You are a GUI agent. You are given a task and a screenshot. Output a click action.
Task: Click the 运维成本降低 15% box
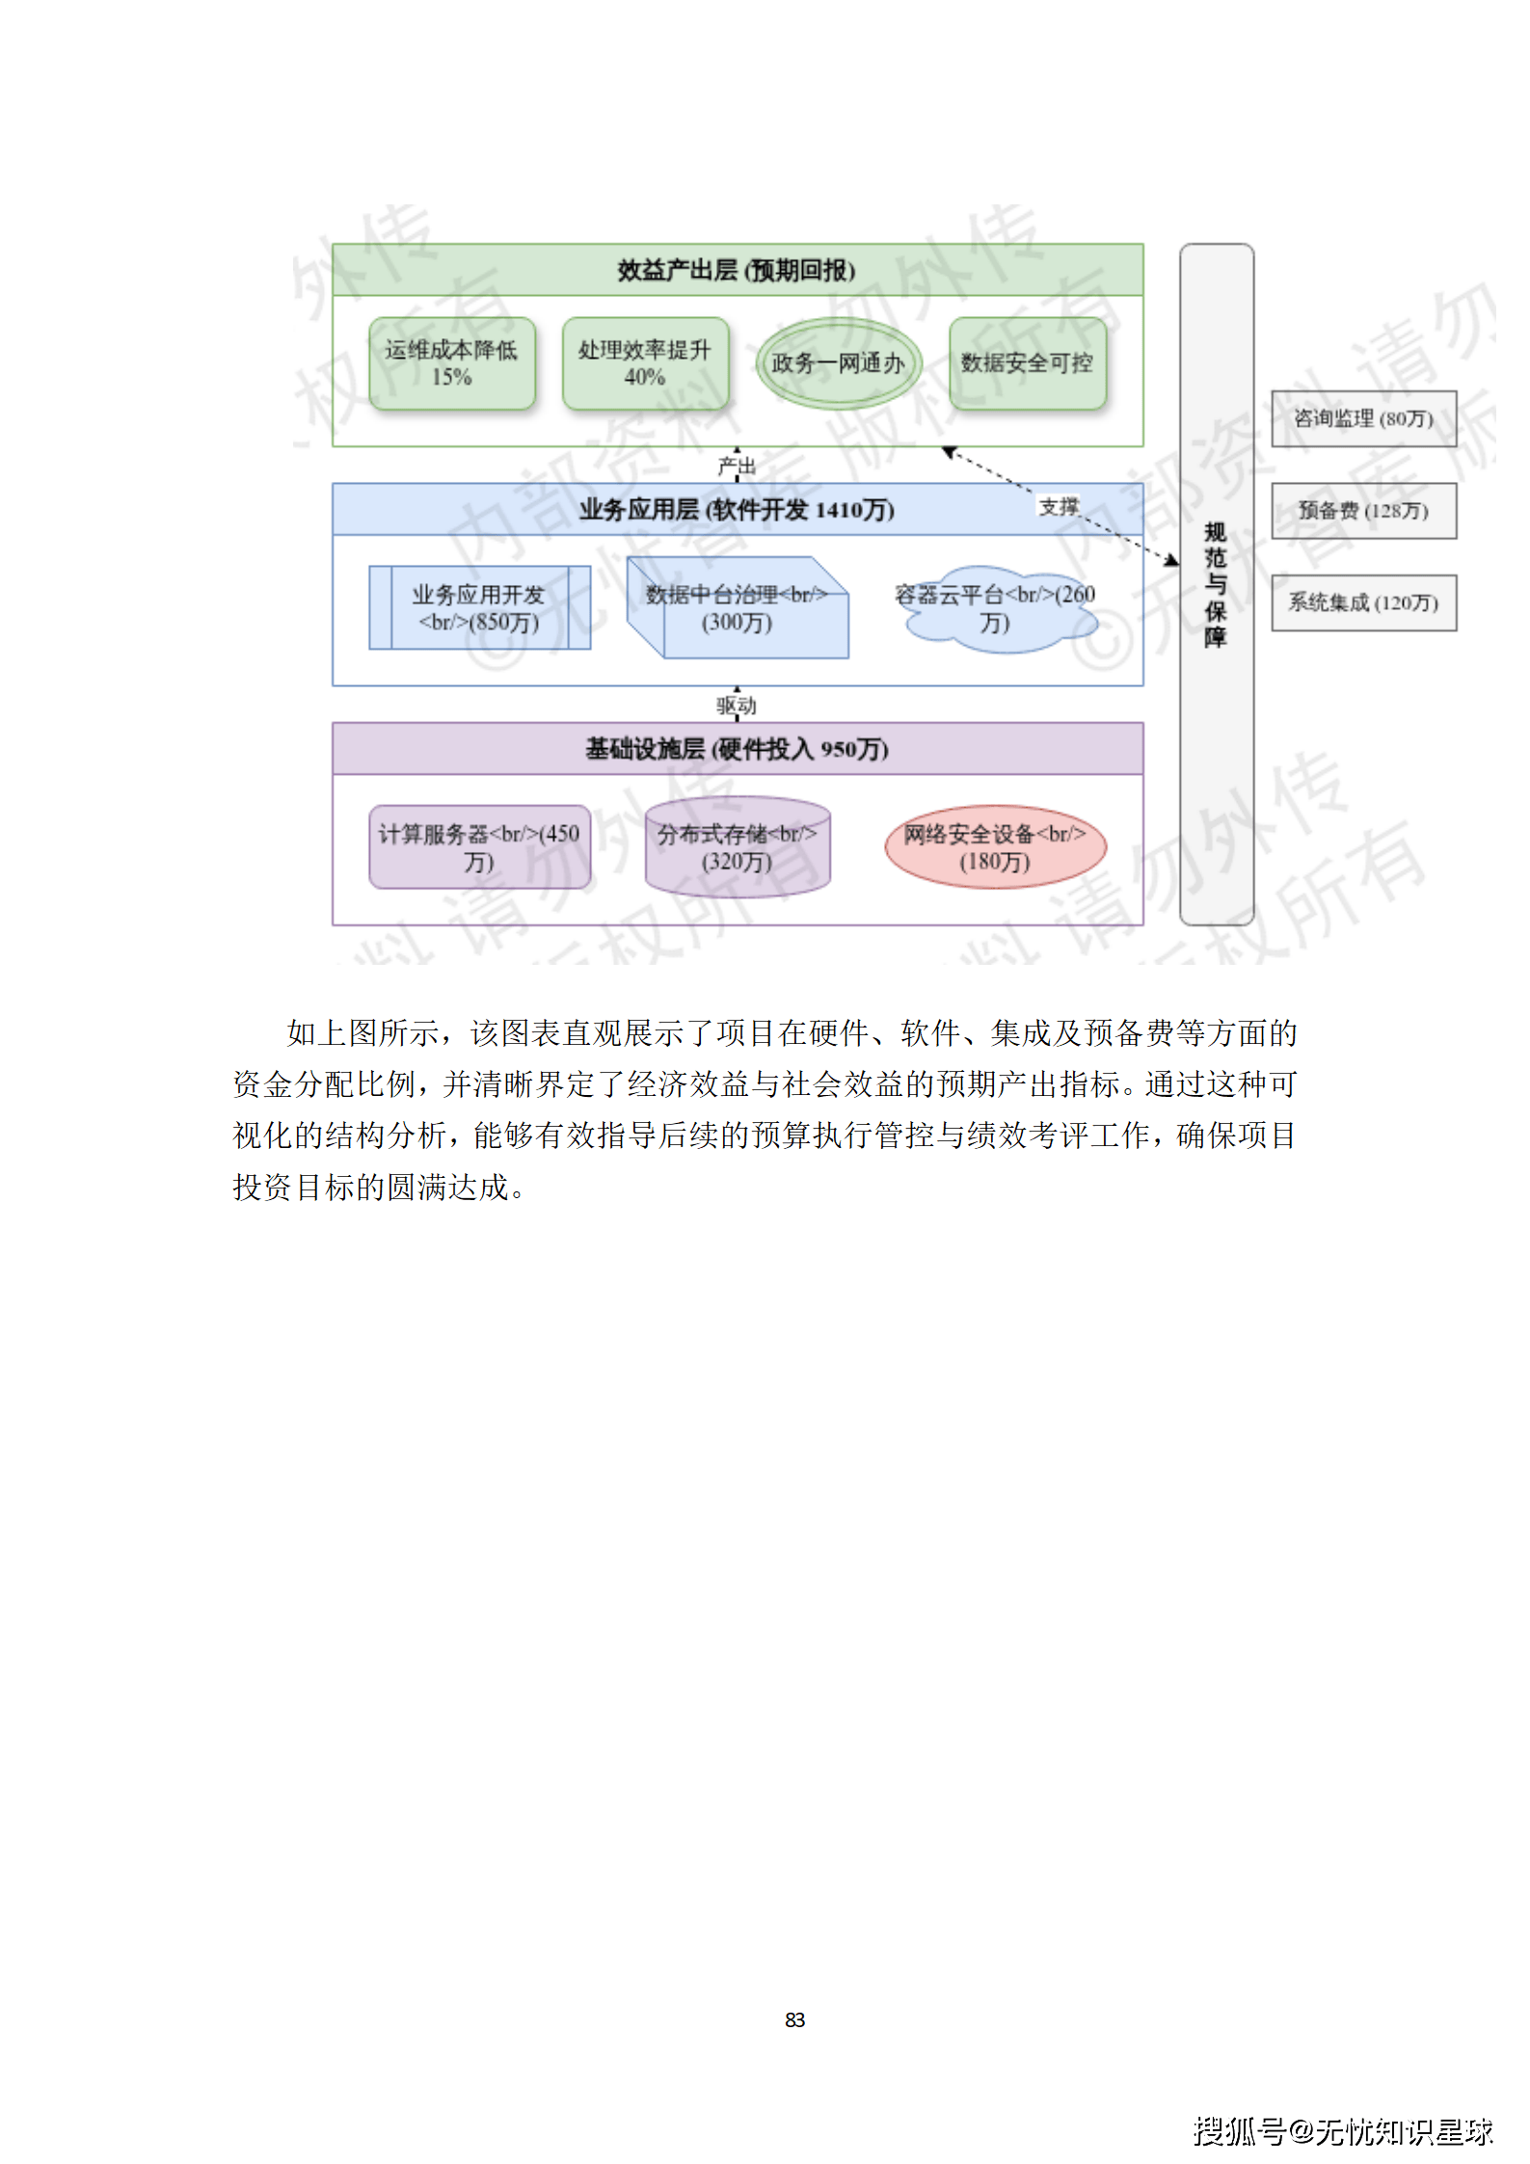point(451,363)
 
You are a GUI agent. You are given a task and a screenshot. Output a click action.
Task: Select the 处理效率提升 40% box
point(645,363)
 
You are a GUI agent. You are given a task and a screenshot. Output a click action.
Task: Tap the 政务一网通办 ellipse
point(838,363)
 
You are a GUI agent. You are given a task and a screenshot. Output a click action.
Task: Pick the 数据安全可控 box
point(1027,363)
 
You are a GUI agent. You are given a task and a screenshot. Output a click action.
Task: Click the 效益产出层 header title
point(737,270)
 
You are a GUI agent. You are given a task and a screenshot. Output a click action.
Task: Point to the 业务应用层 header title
point(737,509)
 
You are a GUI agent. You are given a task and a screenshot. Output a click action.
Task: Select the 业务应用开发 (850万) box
point(479,608)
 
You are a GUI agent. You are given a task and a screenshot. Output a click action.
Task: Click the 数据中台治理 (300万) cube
point(737,608)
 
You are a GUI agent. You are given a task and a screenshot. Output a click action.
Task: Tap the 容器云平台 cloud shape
point(995,608)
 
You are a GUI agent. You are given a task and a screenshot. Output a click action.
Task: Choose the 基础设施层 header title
point(737,749)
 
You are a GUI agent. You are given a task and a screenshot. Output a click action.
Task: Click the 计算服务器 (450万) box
point(479,847)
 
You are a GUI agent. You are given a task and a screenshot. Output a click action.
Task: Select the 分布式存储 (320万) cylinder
point(737,847)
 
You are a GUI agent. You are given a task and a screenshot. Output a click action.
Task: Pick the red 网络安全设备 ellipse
point(995,847)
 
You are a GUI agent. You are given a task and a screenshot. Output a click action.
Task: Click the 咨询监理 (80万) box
point(1363,418)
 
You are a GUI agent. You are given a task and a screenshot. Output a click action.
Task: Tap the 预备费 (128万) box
point(1363,511)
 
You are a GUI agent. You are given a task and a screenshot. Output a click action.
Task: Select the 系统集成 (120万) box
point(1363,603)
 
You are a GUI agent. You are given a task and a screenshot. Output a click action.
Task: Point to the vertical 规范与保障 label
point(1216,585)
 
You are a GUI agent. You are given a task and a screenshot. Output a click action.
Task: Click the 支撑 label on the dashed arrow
point(1058,507)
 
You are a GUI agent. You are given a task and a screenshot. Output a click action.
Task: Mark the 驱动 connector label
point(737,706)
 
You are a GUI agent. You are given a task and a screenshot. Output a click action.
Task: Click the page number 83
point(794,2019)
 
